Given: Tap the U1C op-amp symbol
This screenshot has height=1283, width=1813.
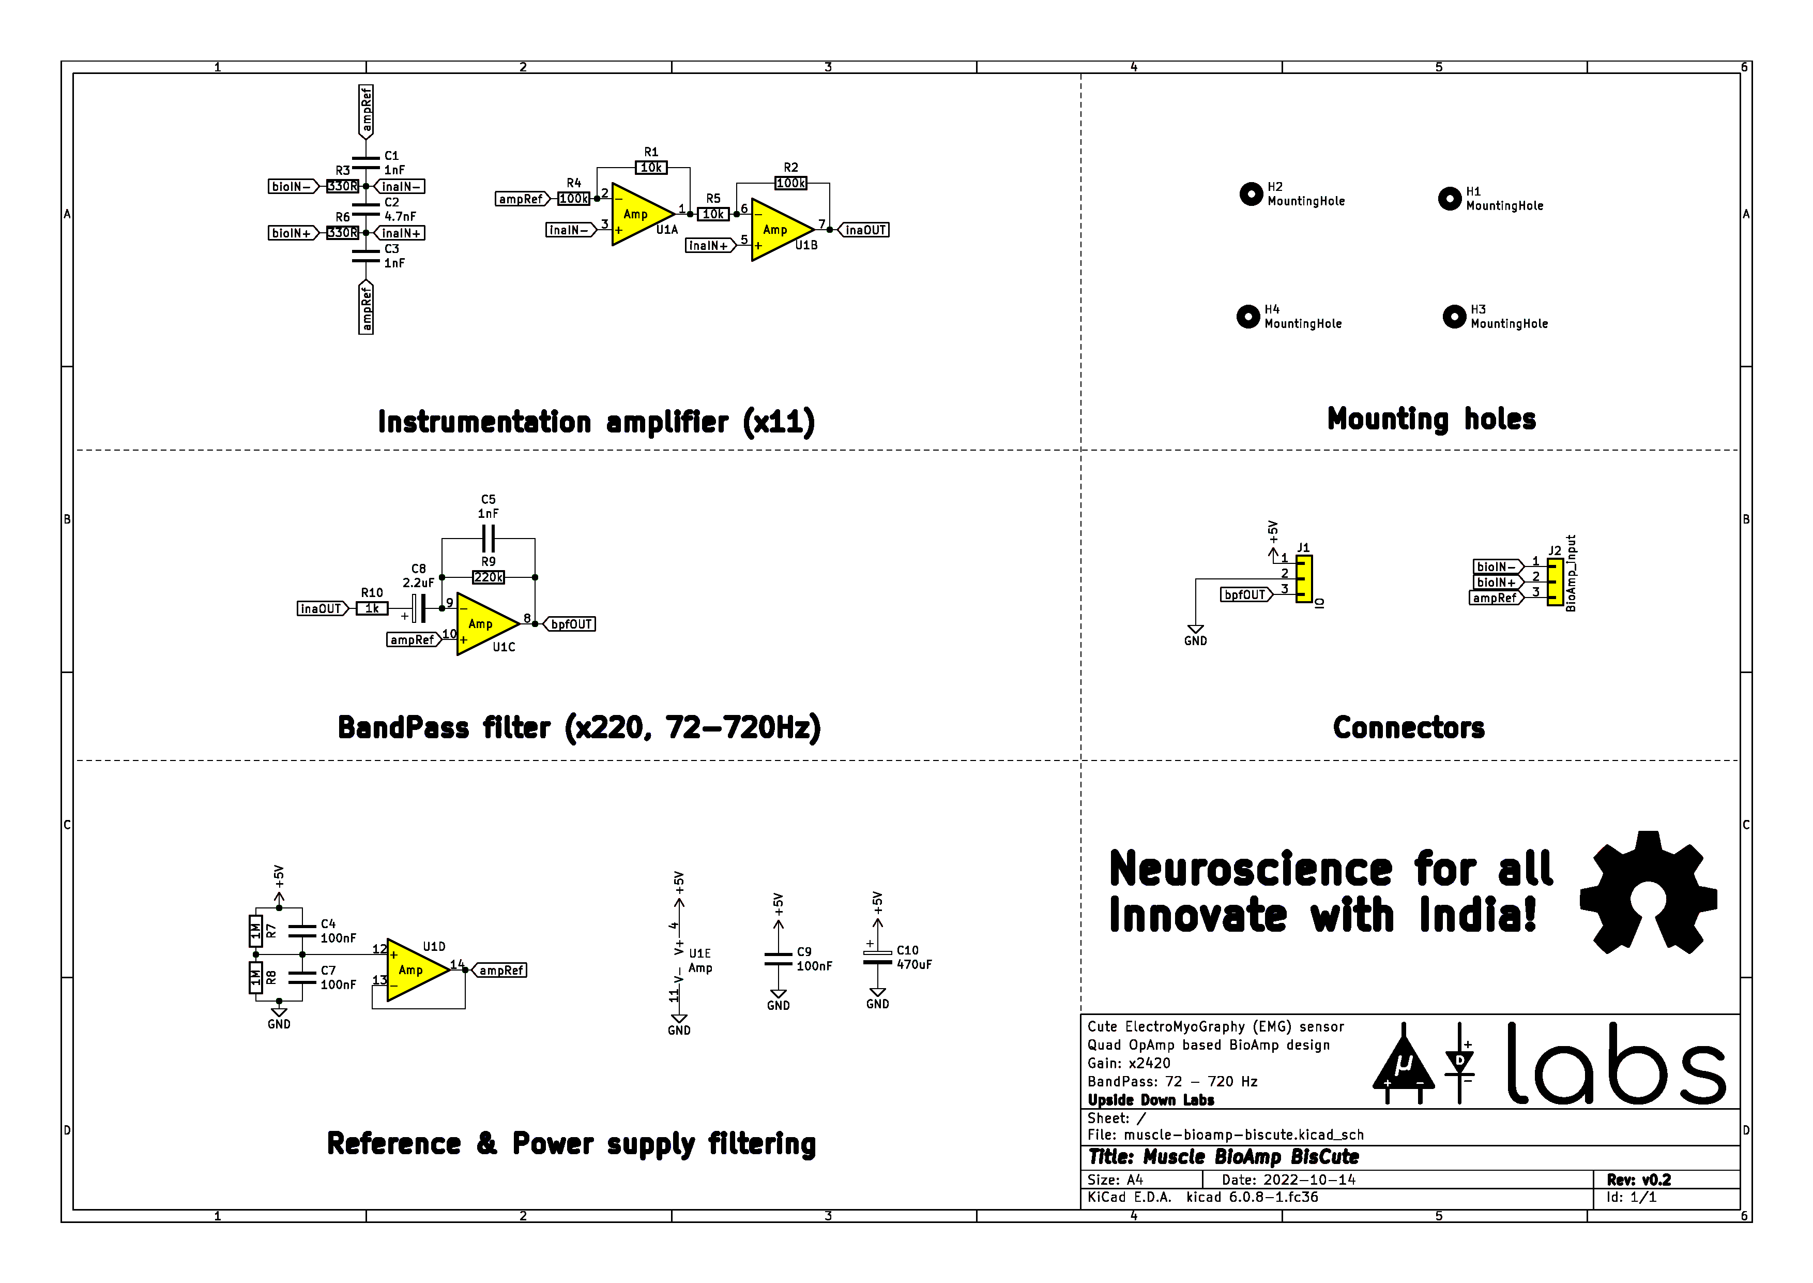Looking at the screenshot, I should (483, 624).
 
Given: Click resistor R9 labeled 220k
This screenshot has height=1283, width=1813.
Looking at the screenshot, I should (488, 577).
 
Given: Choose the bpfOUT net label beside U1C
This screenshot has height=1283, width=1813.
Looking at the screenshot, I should (570, 624).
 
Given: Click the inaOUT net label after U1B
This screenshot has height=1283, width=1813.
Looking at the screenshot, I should (865, 230).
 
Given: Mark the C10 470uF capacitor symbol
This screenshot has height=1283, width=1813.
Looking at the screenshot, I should (877, 958).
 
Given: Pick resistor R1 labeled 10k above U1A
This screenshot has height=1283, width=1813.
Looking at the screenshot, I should (651, 168).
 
